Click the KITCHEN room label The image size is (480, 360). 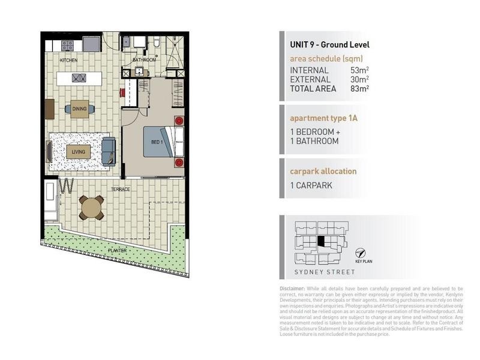pos(68,61)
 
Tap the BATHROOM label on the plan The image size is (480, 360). pos(144,60)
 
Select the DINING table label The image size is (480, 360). pos(79,109)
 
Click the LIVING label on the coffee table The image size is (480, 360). pos(78,151)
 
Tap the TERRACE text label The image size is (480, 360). pos(119,189)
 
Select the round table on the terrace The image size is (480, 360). pos(91,208)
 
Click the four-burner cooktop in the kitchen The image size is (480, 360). pos(67,45)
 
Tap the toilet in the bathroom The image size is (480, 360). pos(156,43)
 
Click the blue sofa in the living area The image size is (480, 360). pos(109,151)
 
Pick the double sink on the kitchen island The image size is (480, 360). pos(79,77)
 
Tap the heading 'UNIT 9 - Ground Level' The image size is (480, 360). pos(329,44)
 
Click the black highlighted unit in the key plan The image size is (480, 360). pos(321,242)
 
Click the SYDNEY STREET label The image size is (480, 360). pos(323,272)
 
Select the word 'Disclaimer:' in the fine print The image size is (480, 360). pos(293,289)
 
